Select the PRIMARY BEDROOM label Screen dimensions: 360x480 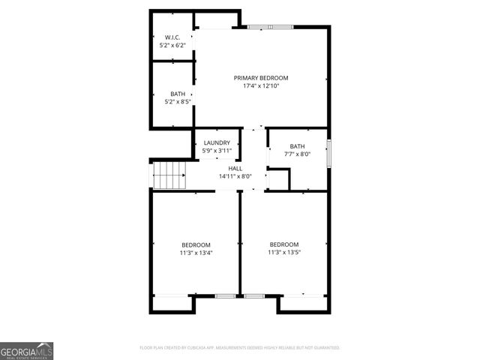coord(261,78)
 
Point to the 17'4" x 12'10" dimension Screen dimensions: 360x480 coord(261,86)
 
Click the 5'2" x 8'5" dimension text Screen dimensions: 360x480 coord(178,102)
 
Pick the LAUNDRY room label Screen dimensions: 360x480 coord(217,142)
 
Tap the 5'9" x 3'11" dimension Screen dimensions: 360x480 coord(217,151)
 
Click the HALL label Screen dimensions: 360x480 coord(235,169)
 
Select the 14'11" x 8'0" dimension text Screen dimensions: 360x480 coord(235,177)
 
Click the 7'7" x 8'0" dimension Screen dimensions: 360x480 coord(297,154)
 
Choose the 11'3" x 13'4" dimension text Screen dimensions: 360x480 coord(196,253)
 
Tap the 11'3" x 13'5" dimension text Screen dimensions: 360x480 coord(284,253)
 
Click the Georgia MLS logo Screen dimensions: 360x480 coord(27,351)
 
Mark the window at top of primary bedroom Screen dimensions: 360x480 coord(271,28)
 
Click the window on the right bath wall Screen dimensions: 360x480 coord(328,149)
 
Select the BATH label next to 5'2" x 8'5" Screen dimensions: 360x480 coord(178,94)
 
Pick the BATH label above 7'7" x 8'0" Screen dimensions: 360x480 coord(298,146)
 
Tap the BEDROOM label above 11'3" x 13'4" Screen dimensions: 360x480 coord(196,244)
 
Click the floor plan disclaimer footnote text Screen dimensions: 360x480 coord(240,348)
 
